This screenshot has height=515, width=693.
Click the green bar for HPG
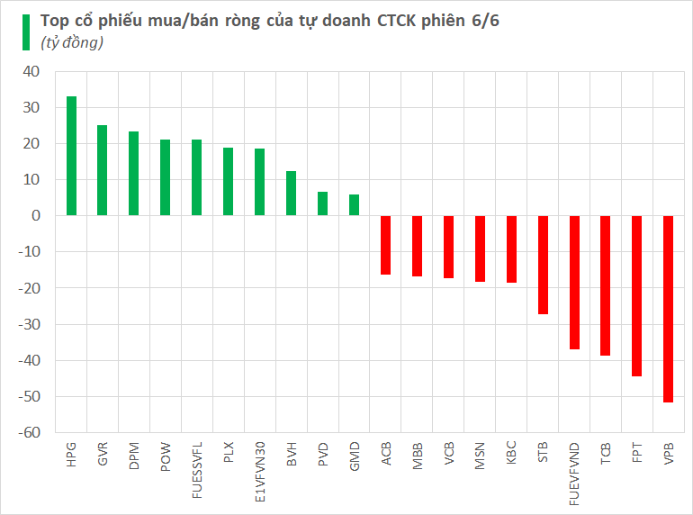click(x=71, y=156)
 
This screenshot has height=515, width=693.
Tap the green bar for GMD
click(x=354, y=205)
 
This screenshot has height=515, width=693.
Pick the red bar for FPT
click(x=636, y=296)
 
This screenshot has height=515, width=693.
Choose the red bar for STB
click(x=543, y=265)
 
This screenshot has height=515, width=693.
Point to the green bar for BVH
click(x=291, y=194)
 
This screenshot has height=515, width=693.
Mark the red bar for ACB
click(x=385, y=245)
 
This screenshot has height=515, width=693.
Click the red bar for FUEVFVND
click(x=574, y=283)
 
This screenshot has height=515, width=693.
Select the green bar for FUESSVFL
click(x=196, y=177)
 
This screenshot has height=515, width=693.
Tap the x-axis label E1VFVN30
click(x=259, y=471)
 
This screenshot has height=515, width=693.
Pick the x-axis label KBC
click(x=511, y=453)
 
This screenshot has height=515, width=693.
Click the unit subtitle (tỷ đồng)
click(x=71, y=41)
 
